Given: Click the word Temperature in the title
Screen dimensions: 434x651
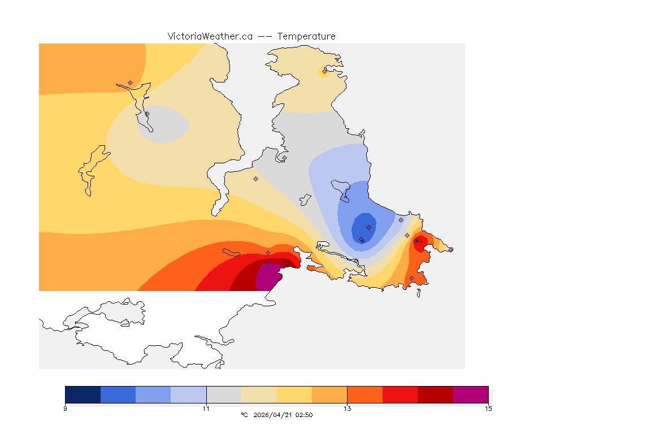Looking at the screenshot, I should [x=306, y=36].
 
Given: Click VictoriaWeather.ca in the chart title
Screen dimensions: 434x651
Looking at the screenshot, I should [x=210, y=36].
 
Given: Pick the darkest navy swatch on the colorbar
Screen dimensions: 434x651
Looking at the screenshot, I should [x=83, y=394].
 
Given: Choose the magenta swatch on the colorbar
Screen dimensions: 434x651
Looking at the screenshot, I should [x=471, y=394].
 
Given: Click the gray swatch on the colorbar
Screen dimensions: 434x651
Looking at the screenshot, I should [x=224, y=394].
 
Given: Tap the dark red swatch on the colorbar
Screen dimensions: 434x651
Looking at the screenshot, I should [x=435, y=394].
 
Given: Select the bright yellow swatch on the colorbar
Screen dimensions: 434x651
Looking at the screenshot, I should [x=294, y=394].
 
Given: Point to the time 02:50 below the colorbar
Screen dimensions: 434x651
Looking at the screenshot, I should [x=304, y=415].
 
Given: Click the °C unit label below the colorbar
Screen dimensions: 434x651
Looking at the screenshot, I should [x=244, y=415].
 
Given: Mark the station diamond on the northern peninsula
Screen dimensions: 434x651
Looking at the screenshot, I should [x=324, y=71].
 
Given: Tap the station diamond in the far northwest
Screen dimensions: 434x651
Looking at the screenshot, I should [x=130, y=83].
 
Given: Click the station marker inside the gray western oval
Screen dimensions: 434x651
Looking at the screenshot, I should [x=147, y=114].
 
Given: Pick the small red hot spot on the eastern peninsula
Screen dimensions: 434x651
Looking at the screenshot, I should [x=419, y=244].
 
